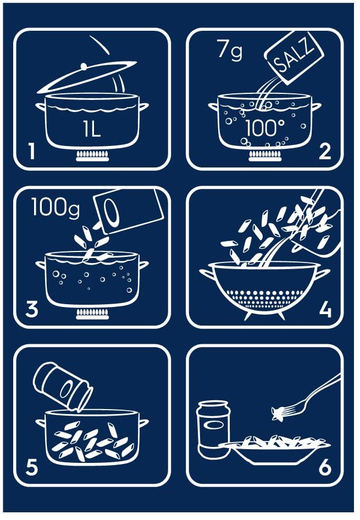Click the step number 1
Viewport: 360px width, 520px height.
tap(31, 151)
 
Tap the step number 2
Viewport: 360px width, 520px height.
tap(324, 151)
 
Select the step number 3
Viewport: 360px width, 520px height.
tap(32, 309)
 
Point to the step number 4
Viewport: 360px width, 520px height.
tap(325, 310)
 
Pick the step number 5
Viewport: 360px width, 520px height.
tap(32, 467)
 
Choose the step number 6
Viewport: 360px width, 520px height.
tap(325, 467)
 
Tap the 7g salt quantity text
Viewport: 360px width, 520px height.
tap(230, 50)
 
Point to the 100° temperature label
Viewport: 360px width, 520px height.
tap(265, 128)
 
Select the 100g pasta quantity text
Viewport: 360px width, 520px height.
tap(56, 207)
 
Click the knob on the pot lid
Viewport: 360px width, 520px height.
tap(84, 66)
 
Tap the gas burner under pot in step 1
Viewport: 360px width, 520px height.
tap(92, 156)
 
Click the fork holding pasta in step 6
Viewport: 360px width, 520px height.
tap(305, 396)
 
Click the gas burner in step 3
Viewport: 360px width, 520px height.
tap(92, 314)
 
